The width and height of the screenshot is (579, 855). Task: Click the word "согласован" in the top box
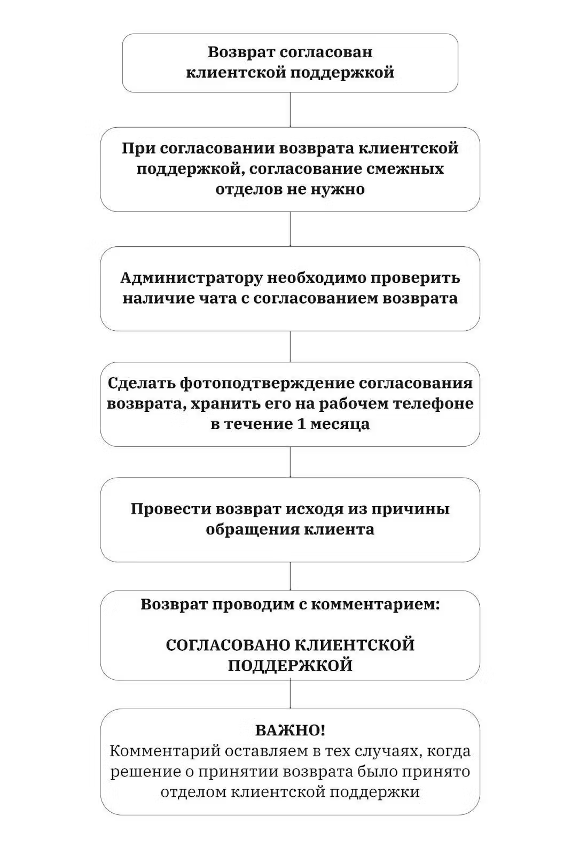coord(326,52)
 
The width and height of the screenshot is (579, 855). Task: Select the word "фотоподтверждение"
coord(268,383)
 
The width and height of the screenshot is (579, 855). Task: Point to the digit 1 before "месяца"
coord(300,424)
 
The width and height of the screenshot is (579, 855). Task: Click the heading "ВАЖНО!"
coord(290,730)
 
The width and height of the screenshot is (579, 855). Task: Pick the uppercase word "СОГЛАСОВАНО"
coord(228,645)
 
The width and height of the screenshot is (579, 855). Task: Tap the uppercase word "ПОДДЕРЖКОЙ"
coord(290,666)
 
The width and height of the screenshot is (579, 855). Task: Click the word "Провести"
coord(170,509)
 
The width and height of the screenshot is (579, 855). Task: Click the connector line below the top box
coord(290,110)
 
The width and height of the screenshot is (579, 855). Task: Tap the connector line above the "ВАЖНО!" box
coord(290,694)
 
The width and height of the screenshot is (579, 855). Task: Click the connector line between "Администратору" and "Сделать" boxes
coord(290,346)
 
